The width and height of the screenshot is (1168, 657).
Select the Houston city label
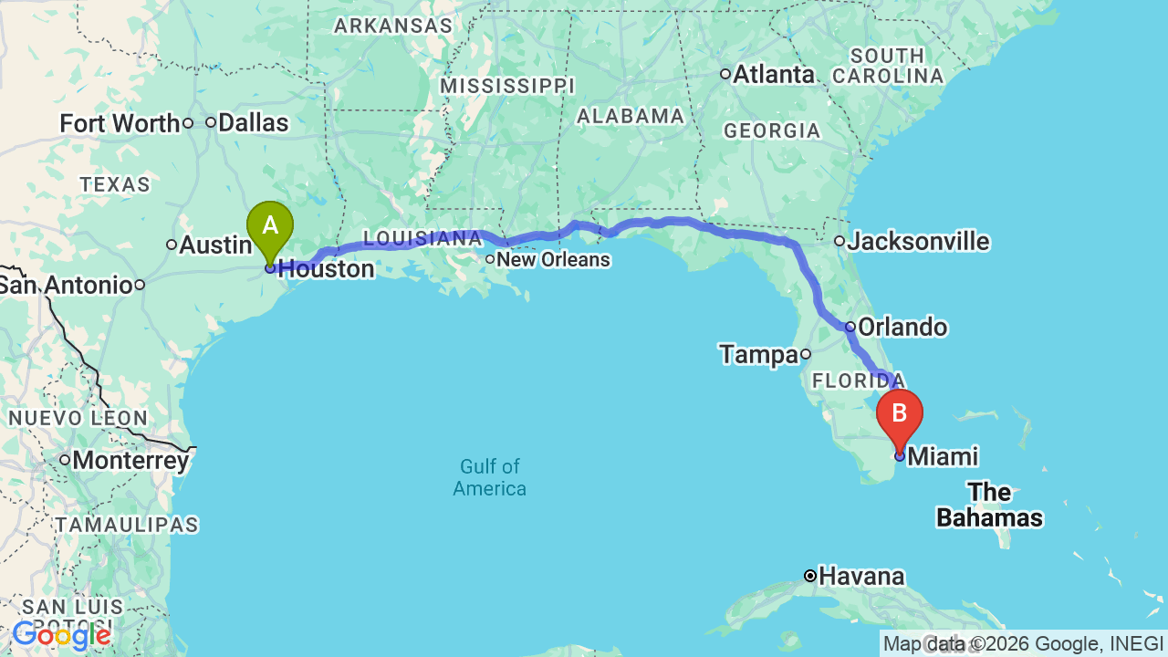click(326, 269)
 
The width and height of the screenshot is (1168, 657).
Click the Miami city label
click(943, 456)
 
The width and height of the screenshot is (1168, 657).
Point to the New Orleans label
click(553, 260)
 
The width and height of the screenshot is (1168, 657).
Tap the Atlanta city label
click(774, 75)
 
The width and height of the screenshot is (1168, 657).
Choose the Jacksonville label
click(918, 242)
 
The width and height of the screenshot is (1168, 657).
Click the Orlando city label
click(902, 328)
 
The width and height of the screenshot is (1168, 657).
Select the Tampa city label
click(758, 354)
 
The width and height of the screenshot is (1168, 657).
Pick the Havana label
click(861, 577)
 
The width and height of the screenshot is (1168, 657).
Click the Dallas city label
click(254, 123)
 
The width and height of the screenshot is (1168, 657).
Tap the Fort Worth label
click(120, 123)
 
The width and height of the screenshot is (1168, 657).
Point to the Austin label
click(215, 245)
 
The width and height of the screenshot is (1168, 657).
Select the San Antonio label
click(66, 285)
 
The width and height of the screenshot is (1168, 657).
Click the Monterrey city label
click(130, 461)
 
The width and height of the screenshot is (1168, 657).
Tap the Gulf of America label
click(490, 477)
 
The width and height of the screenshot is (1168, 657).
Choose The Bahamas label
click(989, 506)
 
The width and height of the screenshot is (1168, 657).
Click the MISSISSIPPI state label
click(507, 86)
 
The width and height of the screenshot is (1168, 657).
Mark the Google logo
click(61, 635)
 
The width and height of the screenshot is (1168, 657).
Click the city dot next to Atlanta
click(725, 74)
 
